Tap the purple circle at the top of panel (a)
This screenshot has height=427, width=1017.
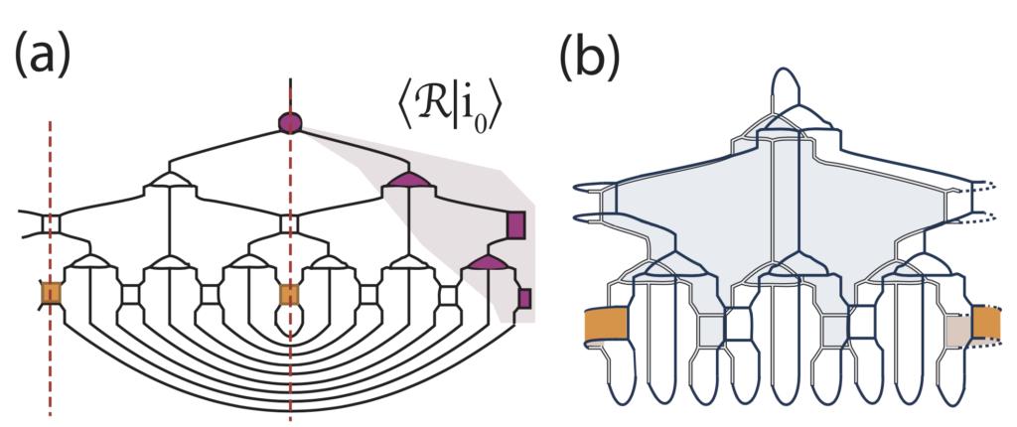pos(289,122)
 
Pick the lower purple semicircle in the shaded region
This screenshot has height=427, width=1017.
pos(488,262)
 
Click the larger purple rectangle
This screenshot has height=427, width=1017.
pos(515,224)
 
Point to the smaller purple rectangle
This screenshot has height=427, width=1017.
pos(524,298)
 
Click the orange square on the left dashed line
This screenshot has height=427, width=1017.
pos(51,294)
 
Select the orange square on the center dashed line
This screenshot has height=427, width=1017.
pos(289,294)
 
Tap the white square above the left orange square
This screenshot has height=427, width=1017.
pos(51,225)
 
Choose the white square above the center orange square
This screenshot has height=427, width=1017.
pos(289,225)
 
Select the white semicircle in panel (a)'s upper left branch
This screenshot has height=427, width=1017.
pos(169,178)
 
